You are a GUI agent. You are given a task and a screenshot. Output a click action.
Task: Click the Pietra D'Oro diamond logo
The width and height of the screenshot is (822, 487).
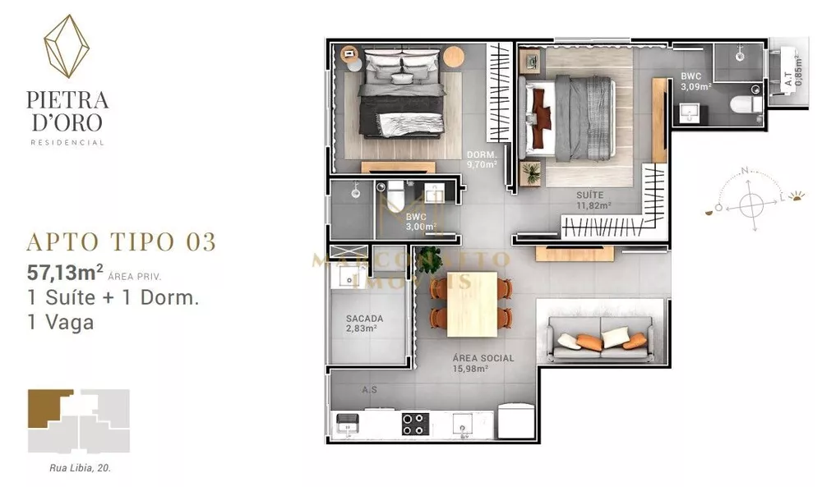coord(67,47)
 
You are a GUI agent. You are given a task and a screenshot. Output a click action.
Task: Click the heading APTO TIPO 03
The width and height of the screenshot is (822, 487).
coord(122,241)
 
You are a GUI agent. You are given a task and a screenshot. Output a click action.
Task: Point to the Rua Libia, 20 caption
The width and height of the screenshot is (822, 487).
coord(79,467)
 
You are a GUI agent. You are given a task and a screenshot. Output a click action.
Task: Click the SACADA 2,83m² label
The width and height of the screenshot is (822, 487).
coord(364,323)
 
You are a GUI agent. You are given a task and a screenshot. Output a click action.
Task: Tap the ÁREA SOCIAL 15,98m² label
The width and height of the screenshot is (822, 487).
coord(483,363)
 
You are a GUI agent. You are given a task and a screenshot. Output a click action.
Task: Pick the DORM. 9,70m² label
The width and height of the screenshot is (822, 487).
coord(481,159)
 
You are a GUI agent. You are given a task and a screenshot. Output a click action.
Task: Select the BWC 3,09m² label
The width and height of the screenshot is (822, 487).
coord(695,80)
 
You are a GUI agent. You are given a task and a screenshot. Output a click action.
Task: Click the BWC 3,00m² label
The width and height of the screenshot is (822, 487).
coord(420,222)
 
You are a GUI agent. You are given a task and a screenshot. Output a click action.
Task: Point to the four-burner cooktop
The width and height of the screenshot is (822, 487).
coord(415,423)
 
